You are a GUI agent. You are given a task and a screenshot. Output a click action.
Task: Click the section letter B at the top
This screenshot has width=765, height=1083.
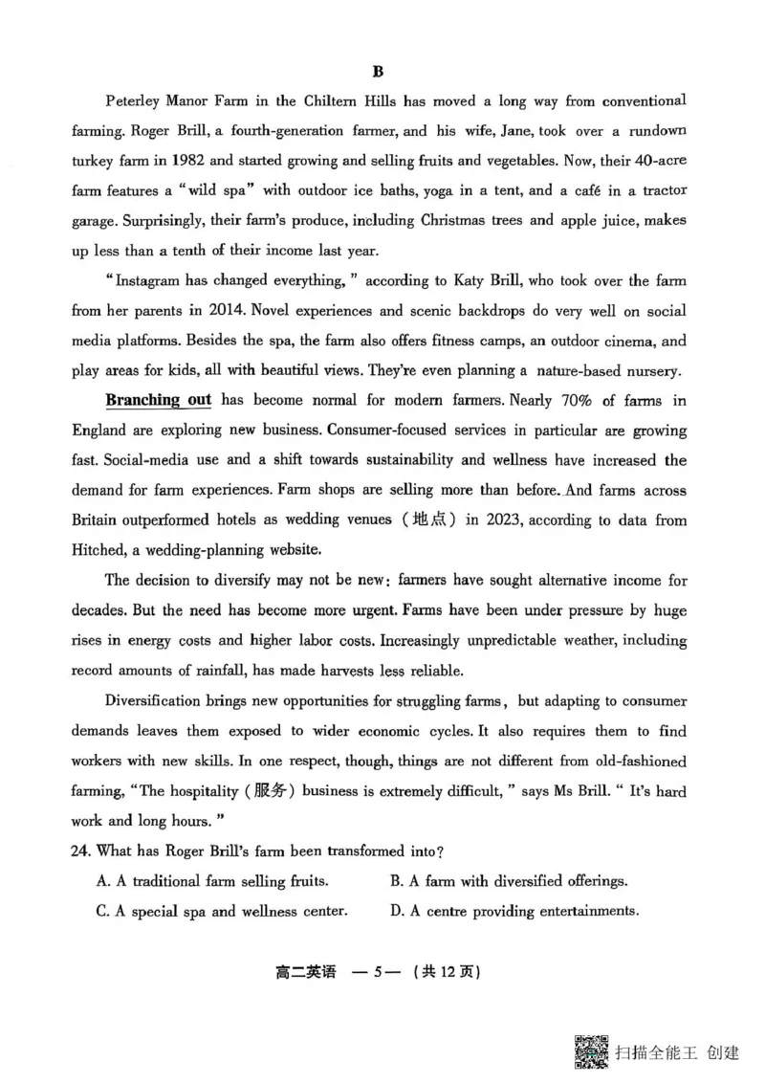coord(377,71)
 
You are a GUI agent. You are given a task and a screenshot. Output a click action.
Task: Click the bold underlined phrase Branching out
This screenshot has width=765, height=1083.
coord(159,400)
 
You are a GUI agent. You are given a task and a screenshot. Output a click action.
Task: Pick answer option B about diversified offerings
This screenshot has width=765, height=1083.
coord(509,881)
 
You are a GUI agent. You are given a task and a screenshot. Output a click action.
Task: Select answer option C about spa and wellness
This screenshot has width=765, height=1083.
coord(222,911)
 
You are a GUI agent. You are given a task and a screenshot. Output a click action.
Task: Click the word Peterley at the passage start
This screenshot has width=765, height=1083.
coord(137,100)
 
